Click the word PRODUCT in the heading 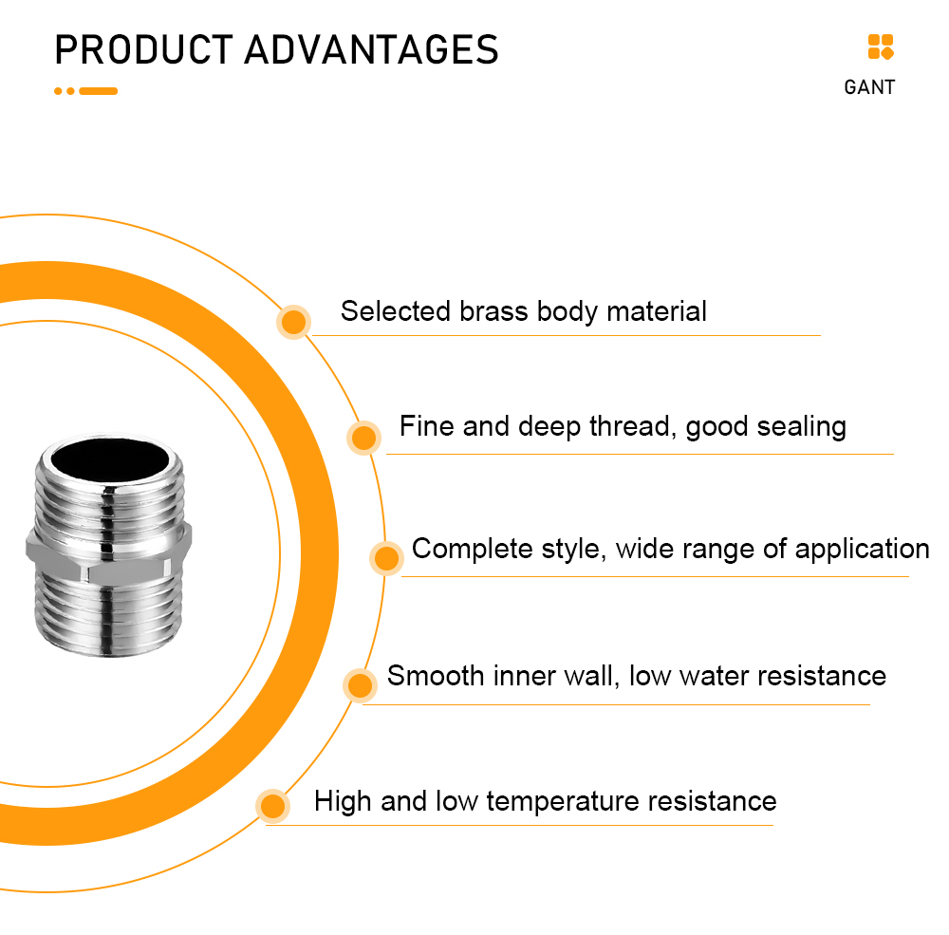click(144, 49)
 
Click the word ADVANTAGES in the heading click(372, 49)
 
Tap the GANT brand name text click(869, 87)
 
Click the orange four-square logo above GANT click(881, 47)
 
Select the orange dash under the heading click(98, 91)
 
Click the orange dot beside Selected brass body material click(293, 322)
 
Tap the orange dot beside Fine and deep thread click(363, 438)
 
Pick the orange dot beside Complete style click(387, 558)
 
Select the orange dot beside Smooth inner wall click(360, 685)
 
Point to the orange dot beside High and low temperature click(273, 806)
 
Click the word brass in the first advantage click(493, 311)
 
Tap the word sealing click(801, 427)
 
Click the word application click(862, 550)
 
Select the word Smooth click(436, 675)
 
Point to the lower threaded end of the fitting click(109, 615)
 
